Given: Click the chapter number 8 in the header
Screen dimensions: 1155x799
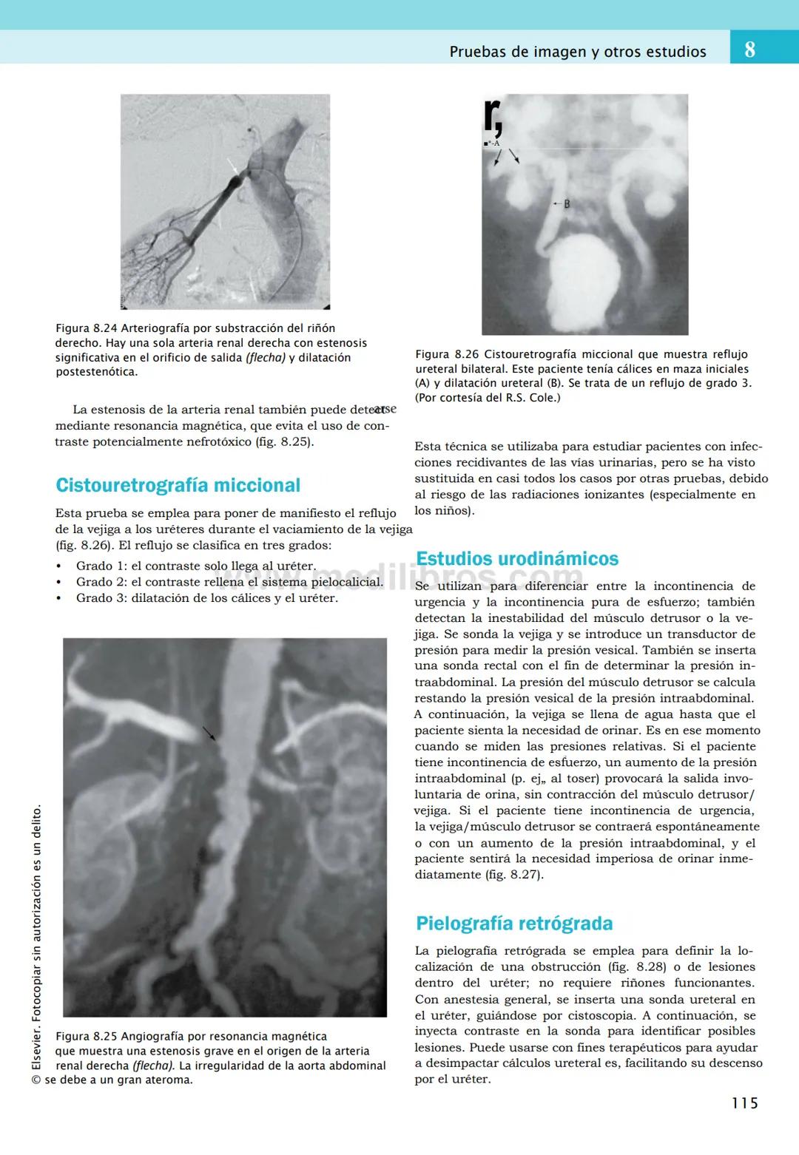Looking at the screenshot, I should tap(749, 50).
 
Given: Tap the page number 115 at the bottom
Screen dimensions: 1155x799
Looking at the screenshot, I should tap(744, 1103).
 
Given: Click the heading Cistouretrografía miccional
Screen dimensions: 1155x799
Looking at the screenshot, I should tap(178, 485).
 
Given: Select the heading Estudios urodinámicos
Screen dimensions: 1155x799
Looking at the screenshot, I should tap(517, 558).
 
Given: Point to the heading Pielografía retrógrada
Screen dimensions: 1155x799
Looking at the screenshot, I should tap(514, 923).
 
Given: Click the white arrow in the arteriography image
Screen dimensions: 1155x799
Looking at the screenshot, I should tap(233, 166).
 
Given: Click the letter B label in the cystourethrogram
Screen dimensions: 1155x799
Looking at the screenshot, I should tap(567, 203).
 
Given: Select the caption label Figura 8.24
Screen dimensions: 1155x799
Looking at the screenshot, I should tap(87, 328).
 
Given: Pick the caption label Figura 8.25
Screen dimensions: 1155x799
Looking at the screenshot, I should tap(87, 1036).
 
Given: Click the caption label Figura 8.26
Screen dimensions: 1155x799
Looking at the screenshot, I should tap(447, 354).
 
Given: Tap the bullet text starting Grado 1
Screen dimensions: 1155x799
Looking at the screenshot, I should tap(195, 566).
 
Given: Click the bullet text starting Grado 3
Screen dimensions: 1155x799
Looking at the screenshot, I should tap(206, 598).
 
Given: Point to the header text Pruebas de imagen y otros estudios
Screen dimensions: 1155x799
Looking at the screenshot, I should tap(578, 52).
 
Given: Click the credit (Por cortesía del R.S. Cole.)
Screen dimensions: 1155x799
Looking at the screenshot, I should tap(488, 398).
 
